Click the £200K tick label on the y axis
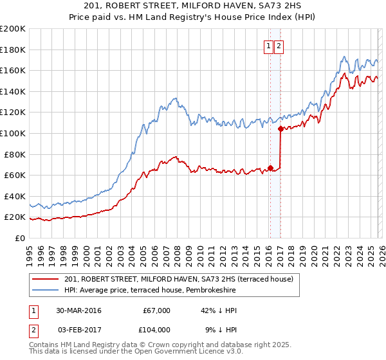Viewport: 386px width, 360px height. [13, 29]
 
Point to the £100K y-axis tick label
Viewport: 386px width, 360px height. [13, 134]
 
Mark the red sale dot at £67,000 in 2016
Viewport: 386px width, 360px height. [270, 168]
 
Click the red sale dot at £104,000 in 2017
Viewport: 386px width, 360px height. [280, 129]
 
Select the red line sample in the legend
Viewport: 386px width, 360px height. [46, 279]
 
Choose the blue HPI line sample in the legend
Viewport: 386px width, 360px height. [46, 291]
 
